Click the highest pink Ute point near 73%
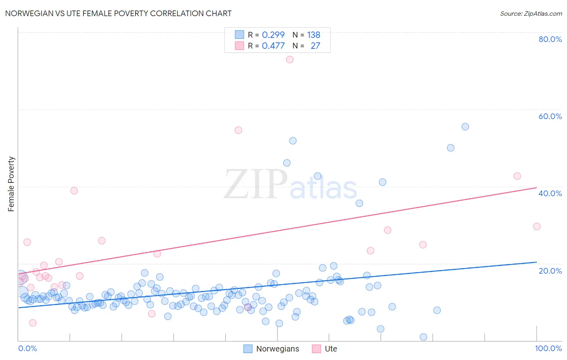[290, 59]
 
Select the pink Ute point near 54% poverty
[238, 130]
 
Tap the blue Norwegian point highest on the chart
[465, 126]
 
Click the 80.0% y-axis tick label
[550, 39]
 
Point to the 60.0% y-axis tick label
[550, 116]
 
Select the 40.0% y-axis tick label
[550, 193]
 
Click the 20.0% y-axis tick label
[550, 271]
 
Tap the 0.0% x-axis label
[27, 348]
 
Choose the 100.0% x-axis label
[548, 348]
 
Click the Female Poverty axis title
[11, 184]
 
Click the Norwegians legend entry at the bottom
[277, 349]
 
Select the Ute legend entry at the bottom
[331, 349]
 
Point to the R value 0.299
[273, 35]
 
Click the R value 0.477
[273, 46]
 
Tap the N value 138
[313, 35]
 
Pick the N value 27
[315, 46]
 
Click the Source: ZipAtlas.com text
[531, 14]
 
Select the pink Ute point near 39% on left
[74, 190]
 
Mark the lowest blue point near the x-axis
[423, 337]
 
